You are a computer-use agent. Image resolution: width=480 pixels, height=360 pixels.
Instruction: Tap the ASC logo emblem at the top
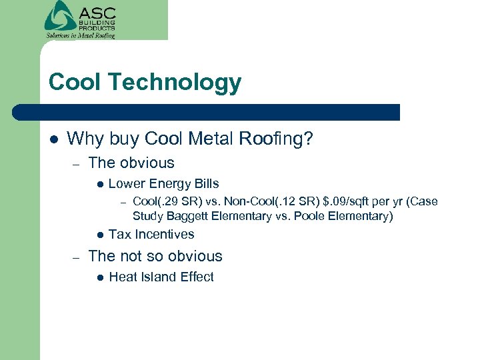(x=60, y=15)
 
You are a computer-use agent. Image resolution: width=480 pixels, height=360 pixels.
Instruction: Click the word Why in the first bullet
(x=83, y=139)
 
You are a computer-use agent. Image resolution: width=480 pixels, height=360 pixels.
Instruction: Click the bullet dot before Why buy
(x=53, y=139)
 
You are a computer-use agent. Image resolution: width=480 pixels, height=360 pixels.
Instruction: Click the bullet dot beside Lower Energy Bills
(x=99, y=184)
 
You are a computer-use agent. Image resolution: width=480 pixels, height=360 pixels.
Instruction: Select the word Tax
(x=120, y=235)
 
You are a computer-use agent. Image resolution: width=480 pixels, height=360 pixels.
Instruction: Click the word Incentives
(x=165, y=235)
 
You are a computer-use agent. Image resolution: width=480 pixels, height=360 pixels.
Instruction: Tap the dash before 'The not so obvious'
(x=77, y=257)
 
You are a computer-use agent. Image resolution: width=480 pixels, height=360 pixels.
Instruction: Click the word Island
(x=159, y=277)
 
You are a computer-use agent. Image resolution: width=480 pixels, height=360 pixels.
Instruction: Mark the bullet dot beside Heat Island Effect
(x=99, y=277)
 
